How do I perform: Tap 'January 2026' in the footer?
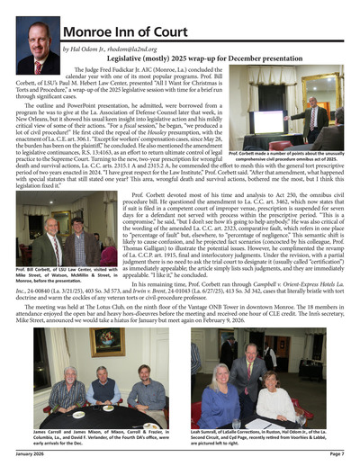coord(31,458)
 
